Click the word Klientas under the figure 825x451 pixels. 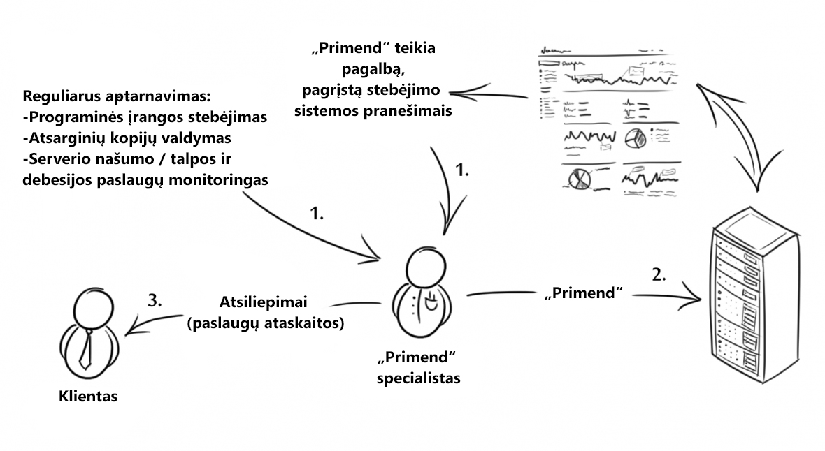(88, 396)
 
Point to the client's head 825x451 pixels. (93, 308)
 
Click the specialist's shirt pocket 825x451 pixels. (431, 302)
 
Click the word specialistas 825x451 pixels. (418, 378)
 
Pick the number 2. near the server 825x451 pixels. (659, 274)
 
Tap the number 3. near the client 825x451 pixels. (155, 300)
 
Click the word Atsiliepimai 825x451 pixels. (263, 302)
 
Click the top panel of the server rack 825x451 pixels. (756, 227)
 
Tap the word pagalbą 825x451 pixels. (373, 69)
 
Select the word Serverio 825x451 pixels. (59, 159)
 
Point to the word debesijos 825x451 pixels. (57, 180)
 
